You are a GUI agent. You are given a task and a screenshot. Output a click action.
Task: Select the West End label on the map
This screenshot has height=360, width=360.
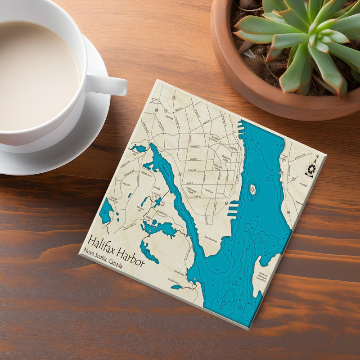tap(170, 118)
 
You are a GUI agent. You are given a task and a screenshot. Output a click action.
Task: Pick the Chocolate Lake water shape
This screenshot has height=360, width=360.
tap(139, 148)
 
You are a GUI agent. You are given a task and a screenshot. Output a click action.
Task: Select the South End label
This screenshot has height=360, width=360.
tap(209, 191)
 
